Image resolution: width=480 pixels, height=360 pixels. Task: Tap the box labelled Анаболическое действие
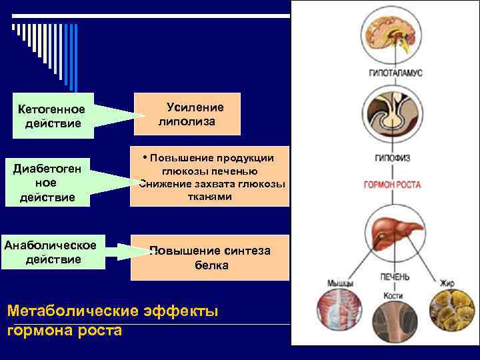point(54,252)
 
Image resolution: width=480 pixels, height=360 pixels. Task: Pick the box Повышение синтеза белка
point(211,257)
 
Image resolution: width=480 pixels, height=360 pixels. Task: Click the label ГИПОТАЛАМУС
point(396,73)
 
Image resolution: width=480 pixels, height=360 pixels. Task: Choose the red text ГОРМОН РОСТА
point(391,183)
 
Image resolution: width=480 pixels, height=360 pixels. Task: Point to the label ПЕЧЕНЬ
point(395,276)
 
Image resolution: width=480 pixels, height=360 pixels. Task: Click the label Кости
point(393,295)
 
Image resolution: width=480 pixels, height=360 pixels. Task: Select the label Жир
point(447,283)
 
